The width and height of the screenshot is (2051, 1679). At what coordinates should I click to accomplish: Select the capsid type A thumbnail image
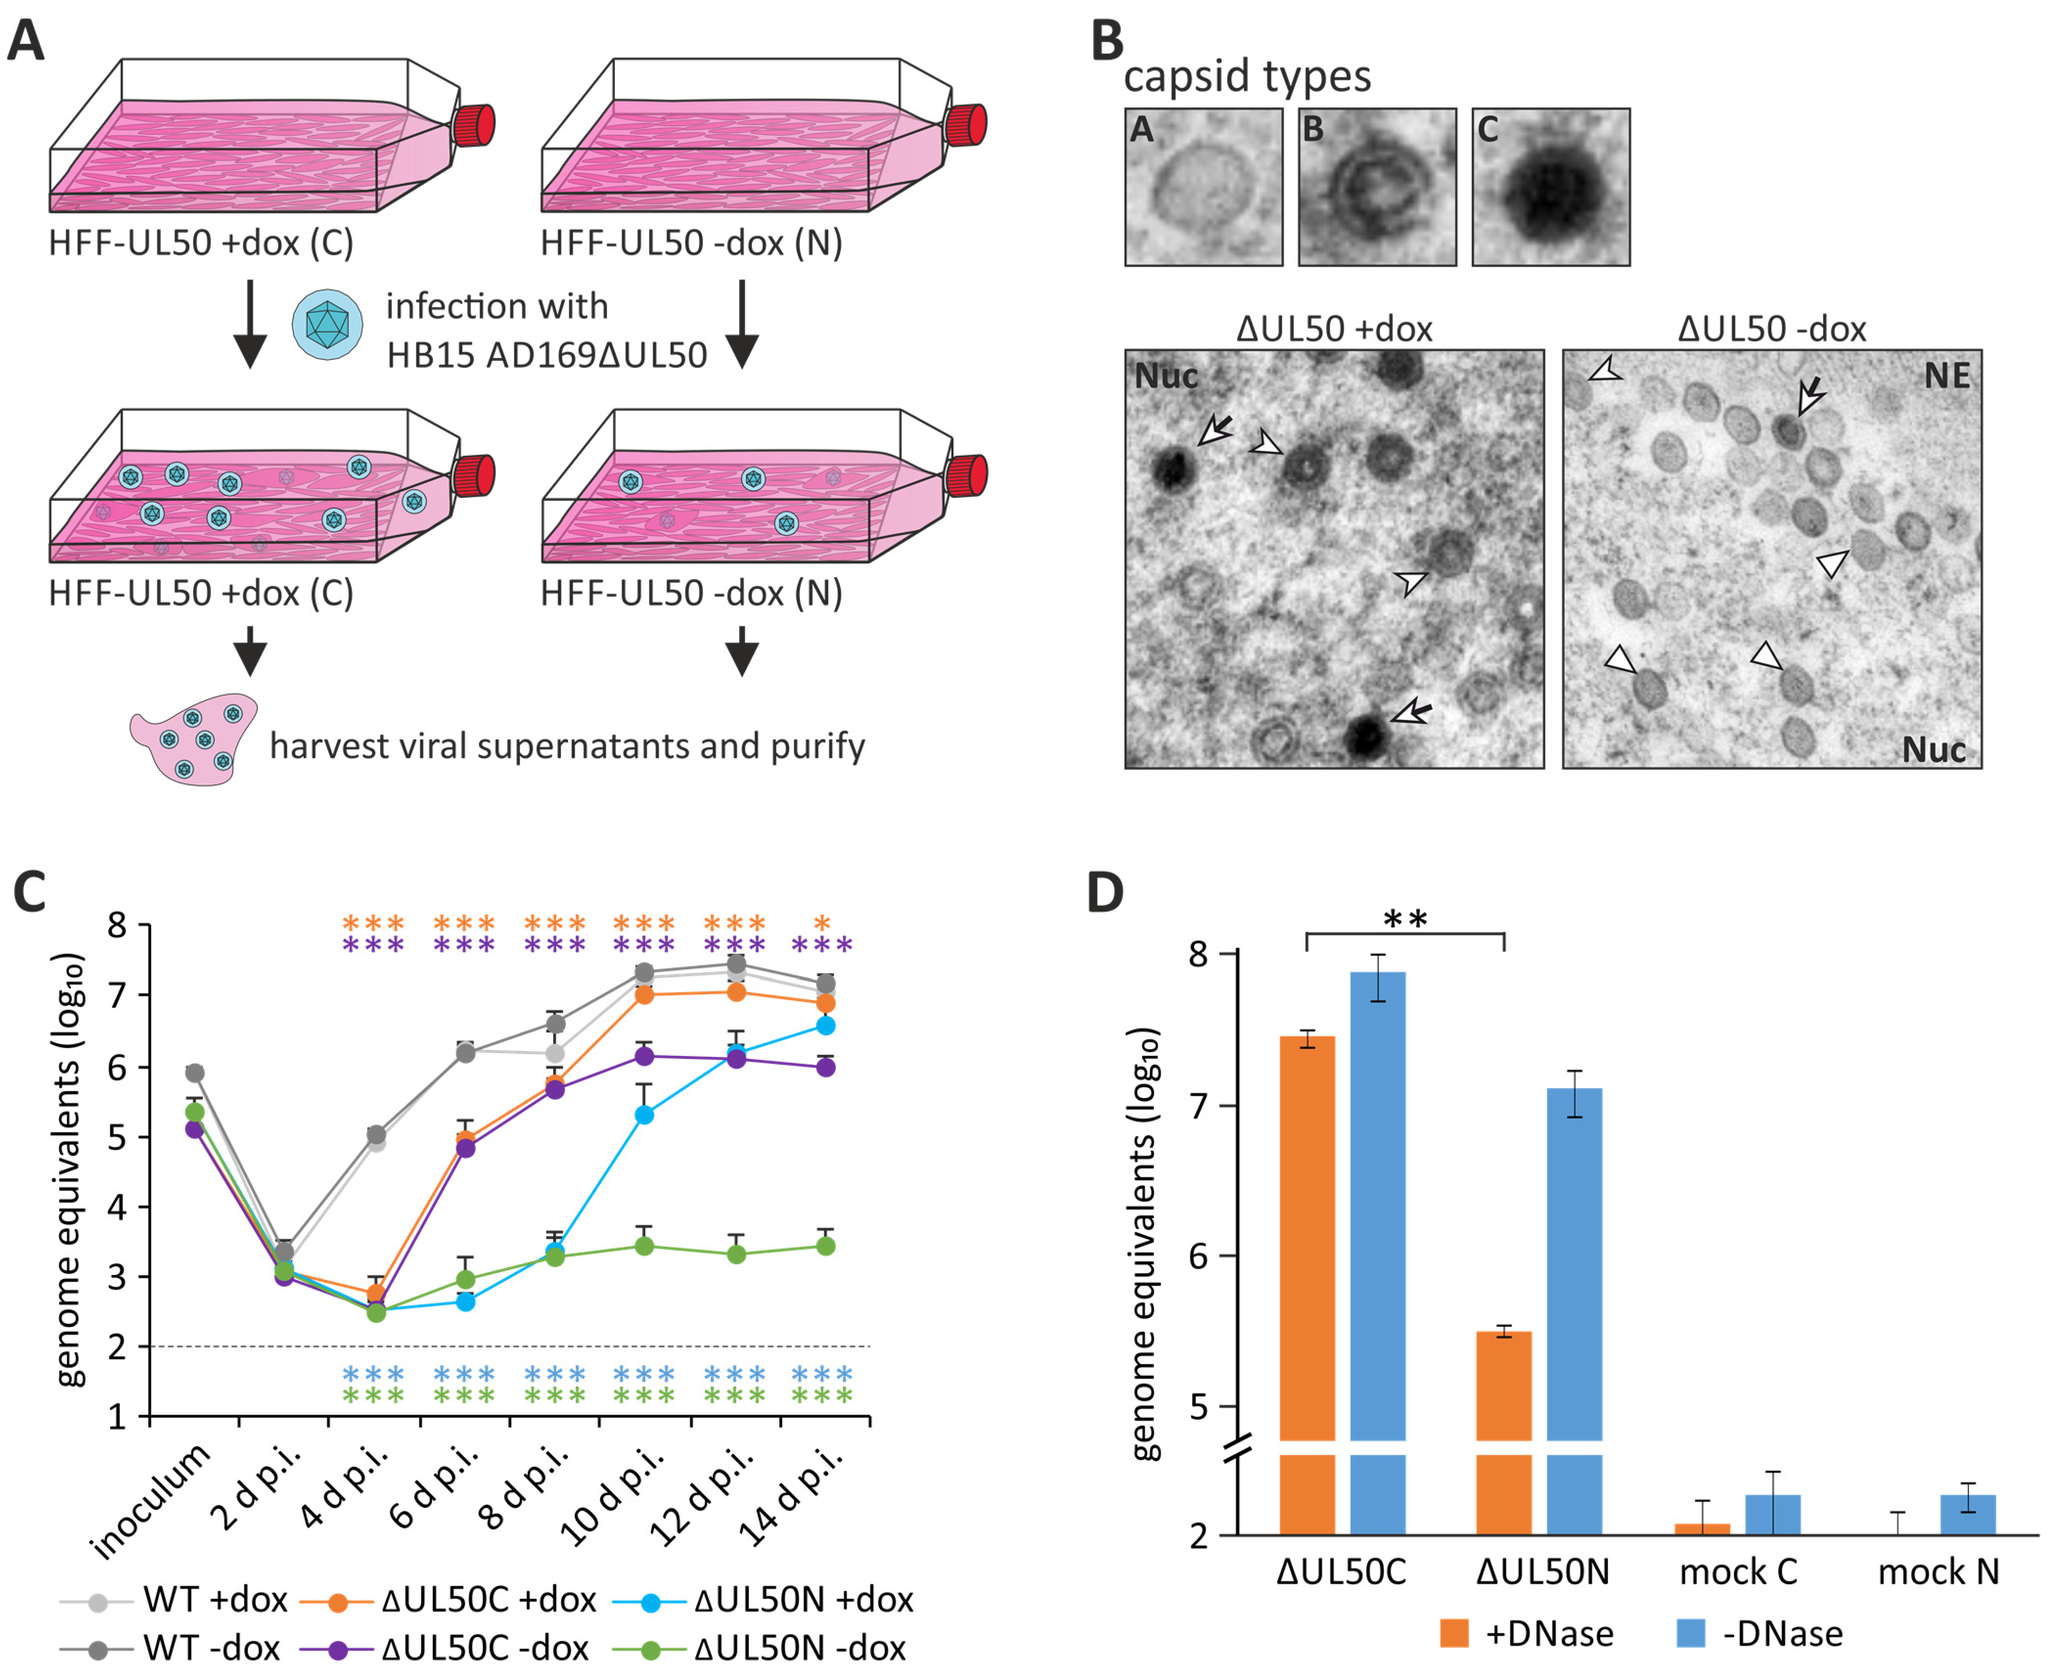(x=1203, y=187)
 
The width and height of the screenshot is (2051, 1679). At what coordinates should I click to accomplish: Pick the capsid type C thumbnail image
(x=1551, y=187)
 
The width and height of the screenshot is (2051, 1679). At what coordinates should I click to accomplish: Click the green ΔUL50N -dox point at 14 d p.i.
(x=825, y=1246)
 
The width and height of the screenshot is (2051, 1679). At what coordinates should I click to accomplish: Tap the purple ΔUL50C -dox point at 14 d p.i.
(x=825, y=1067)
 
